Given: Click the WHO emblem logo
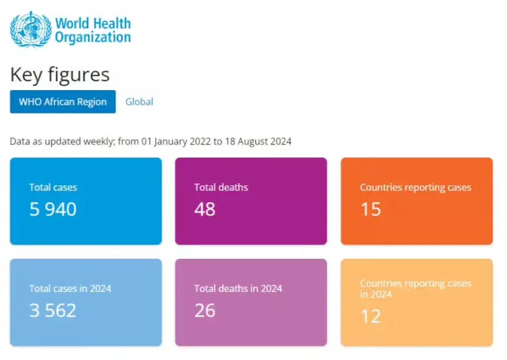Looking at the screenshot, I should [31, 29].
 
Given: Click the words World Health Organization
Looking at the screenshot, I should [93, 30].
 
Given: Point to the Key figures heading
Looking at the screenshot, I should [60, 75].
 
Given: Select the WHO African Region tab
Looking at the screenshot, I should [63, 101].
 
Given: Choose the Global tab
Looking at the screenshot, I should [139, 101].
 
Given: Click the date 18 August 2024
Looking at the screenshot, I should [258, 142].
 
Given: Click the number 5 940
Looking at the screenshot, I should [53, 209].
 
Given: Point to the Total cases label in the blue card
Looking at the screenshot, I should [53, 187].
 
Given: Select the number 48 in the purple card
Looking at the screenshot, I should [205, 209].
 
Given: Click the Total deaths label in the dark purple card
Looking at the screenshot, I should [221, 187].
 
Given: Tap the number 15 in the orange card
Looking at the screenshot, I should [371, 209].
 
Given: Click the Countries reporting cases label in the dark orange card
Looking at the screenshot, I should [415, 187].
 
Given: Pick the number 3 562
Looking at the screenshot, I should [53, 310].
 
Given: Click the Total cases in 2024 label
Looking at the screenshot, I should [70, 288].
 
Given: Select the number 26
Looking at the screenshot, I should [205, 310].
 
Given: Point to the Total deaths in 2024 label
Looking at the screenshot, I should [238, 288].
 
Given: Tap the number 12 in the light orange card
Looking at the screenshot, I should [371, 316].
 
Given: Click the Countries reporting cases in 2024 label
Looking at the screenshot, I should [415, 288].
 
